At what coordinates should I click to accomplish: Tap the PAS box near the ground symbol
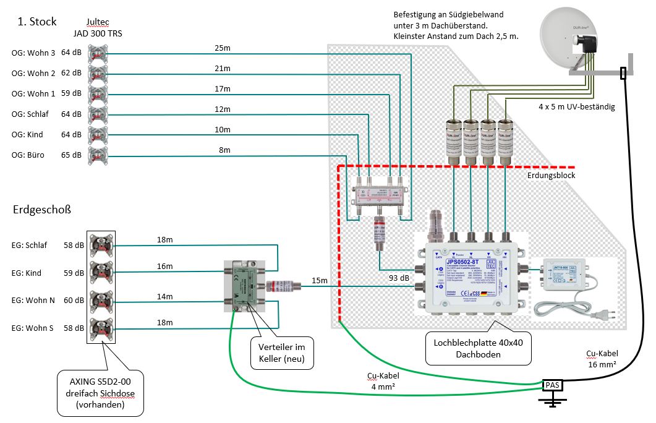[x=552, y=385]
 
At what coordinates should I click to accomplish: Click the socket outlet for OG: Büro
[x=97, y=155]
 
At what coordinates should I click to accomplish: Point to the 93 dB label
[x=398, y=278]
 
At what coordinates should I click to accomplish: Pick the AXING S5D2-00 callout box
[x=100, y=392]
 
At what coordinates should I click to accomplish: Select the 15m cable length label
[x=320, y=281]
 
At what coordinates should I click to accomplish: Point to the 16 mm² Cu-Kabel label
[x=602, y=359]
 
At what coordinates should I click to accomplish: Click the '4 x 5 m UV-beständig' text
[x=576, y=107]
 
